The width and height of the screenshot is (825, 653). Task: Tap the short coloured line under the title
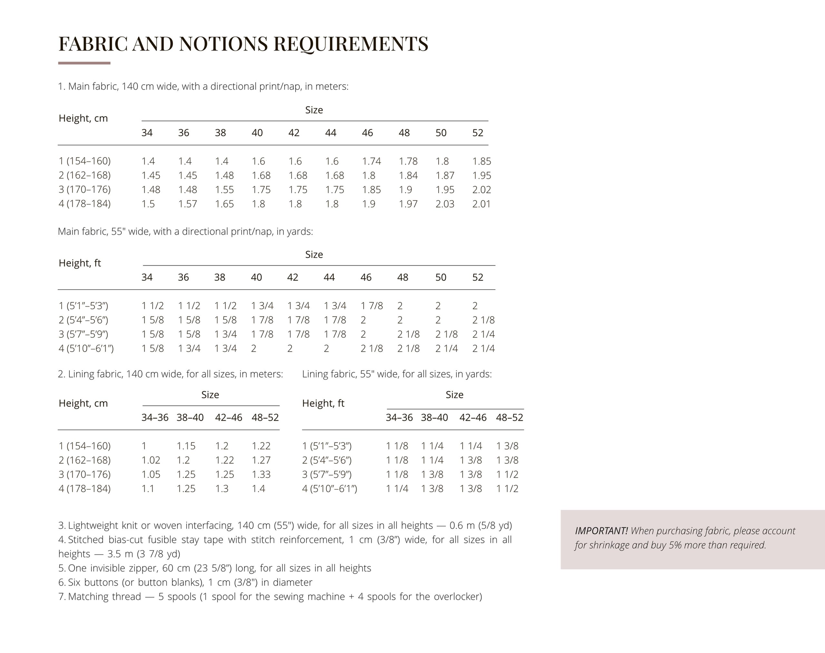(x=84, y=63)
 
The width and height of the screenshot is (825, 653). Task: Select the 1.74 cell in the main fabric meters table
(x=371, y=161)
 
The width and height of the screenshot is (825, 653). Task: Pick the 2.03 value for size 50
(x=444, y=204)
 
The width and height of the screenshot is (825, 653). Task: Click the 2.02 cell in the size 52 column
(x=481, y=190)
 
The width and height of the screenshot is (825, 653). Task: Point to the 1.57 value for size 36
(x=188, y=204)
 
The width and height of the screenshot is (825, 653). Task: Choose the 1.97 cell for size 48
(x=408, y=204)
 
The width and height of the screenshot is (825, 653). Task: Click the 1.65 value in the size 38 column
(x=224, y=204)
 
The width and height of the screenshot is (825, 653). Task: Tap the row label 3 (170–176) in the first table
(x=84, y=190)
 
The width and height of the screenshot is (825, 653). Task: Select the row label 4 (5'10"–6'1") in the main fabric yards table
(x=86, y=348)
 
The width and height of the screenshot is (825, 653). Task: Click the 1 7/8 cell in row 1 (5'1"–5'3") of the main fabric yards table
(x=371, y=306)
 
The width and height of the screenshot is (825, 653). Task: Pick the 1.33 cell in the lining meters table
(x=261, y=475)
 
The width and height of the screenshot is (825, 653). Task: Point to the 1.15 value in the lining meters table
(x=186, y=446)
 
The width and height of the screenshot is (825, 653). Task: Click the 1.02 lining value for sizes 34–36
(x=151, y=460)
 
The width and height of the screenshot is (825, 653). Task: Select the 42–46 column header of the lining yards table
(x=473, y=418)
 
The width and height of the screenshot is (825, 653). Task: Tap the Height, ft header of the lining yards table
(x=323, y=403)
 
